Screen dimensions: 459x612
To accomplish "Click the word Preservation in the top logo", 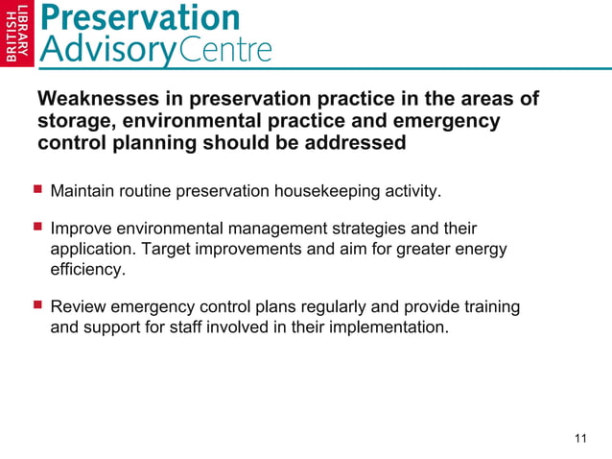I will point(141,17).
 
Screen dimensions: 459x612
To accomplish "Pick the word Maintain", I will point(82,191).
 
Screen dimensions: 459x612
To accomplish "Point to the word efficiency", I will point(86,271).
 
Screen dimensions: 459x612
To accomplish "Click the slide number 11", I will point(579,439).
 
